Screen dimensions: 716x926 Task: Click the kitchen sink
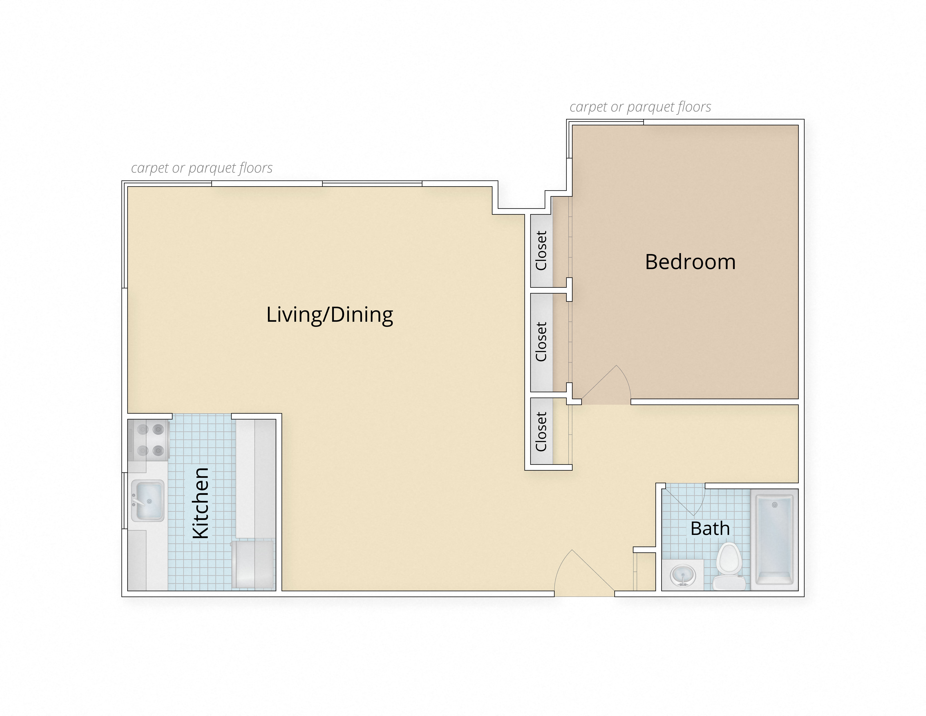click(x=147, y=501)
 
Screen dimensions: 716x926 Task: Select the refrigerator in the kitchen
click(x=253, y=564)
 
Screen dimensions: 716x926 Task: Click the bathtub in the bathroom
click(x=774, y=540)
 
